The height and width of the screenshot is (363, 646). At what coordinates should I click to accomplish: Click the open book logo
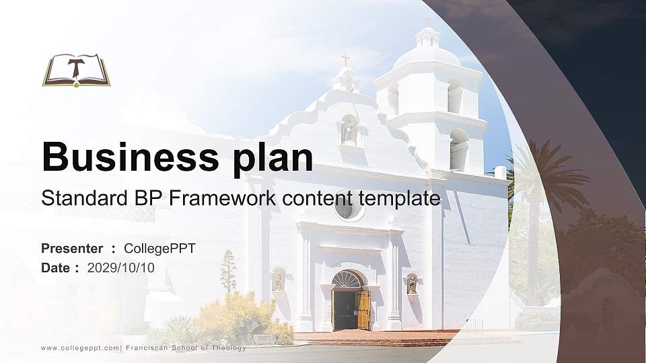(76, 70)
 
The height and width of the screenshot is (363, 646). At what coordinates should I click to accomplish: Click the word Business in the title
(126, 158)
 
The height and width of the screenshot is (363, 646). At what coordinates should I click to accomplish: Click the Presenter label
(72, 249)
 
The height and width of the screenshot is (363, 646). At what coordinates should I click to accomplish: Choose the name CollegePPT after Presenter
(159, 249)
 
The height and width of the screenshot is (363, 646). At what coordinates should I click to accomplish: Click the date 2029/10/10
(121, 268)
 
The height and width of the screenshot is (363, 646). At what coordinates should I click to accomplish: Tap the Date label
(56, 268)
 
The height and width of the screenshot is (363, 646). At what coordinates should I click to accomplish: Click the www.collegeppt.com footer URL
(80, 348)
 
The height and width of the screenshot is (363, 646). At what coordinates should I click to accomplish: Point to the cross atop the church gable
(345, 60)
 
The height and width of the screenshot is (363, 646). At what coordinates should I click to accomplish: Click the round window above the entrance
(345, 209)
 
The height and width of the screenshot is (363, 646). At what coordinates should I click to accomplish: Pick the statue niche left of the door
(278, 280)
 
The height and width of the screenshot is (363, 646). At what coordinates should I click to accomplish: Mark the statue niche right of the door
(412, 284)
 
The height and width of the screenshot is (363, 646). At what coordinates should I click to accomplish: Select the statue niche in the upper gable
(348, 130)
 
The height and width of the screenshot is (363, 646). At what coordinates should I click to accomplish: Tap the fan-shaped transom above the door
(347, 279)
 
